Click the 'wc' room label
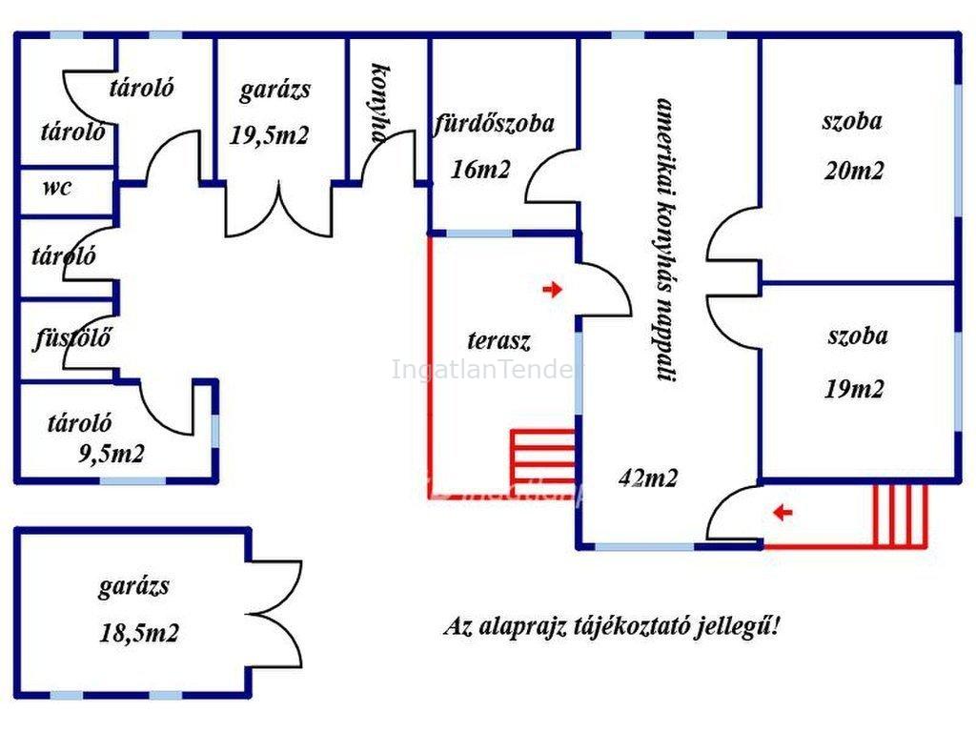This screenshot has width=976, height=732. click(56, 187)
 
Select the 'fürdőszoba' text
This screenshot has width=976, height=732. click(494, 123)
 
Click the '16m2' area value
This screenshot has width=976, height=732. click(481, 170)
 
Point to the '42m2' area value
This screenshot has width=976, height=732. click(648, 478)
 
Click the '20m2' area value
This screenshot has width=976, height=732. click(853, 171)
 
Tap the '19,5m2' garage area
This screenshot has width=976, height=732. click(270, 134)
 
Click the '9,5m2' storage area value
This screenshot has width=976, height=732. click(111, 453)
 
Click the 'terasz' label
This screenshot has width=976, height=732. click(498, 339)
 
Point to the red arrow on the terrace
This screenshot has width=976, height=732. click(552, 290)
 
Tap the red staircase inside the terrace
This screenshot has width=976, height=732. click(543, 456)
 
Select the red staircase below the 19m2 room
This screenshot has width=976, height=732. click(900, 515)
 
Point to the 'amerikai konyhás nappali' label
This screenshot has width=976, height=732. click(665, 238)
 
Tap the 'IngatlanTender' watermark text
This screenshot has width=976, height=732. click(483, 369)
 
